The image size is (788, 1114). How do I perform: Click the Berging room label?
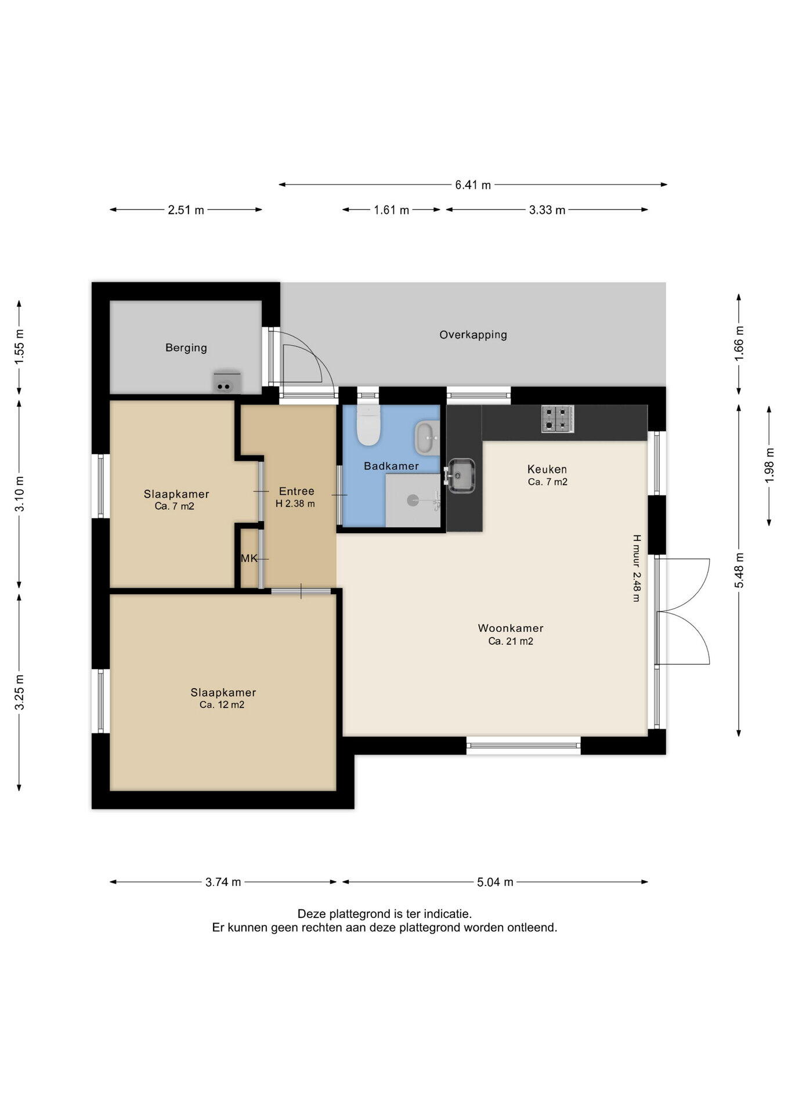click(x=186, y=348)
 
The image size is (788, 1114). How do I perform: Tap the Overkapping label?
click(x=473, y=335)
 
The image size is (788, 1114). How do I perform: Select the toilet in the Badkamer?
click(x=368, y=425)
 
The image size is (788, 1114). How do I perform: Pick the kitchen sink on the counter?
click(x=461, y=476)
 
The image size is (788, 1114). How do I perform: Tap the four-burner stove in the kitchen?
click(x=558, y=418)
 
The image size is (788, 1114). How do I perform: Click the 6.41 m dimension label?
click(x=473, y=185)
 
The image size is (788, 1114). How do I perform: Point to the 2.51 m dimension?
click(x=186, y=210)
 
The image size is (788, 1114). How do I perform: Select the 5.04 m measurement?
click(x=495, y=882)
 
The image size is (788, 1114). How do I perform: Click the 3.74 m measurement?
click(x=223, y=882)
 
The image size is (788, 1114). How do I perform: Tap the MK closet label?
click(x=249, y=559)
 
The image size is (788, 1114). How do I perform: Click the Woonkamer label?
click(x=511, y=628)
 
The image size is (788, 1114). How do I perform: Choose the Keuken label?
click(x=547, y=469)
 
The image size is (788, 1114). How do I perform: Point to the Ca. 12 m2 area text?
click(x=222, y=705)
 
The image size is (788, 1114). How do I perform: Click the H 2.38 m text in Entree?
click(x=295, y=504)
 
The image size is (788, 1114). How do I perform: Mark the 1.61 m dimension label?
click(x=392, y=210)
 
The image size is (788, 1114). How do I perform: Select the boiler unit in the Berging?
click(x=227, y=382)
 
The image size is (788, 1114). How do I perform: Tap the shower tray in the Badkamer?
click(x=413, y=500)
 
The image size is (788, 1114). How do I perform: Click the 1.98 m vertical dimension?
click(x=770, y=465)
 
